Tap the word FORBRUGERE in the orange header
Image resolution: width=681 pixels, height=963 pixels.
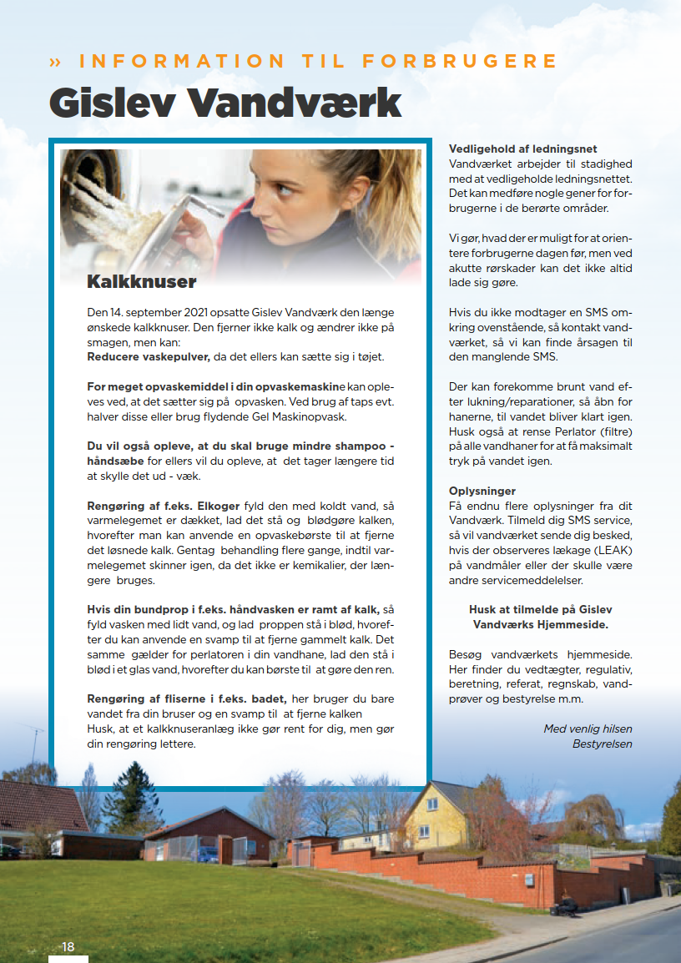pyautogui.click(x=460, y=62)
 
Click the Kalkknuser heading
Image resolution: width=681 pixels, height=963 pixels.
pyautogui.click(x=142, y=282)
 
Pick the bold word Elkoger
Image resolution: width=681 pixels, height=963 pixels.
pyautogui.click(x=218, y=506)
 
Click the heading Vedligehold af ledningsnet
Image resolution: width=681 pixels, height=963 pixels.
pyautogui.click(x=522, y=149)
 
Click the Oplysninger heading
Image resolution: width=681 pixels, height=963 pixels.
pyautogui.click(x=482, y=491)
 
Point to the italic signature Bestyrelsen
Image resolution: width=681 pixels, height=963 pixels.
pyautogui.click(x=603, y=744)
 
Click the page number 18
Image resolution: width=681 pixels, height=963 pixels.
pyautogui.click(x=68, y=946)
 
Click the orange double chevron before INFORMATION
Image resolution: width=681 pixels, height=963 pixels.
pyautogui.click(x=56, y=62)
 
